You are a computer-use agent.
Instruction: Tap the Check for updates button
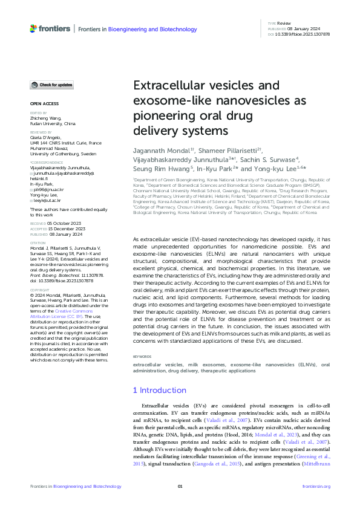click(x=52, y=85)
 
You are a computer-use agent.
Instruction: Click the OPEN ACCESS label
click(x=41, y=103)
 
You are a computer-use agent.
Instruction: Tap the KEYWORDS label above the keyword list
click(x=142, y=357)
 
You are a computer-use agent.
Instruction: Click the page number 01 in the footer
click(x=180, y=486)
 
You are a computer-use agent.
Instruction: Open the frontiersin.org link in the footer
click(x=315, y=486)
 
